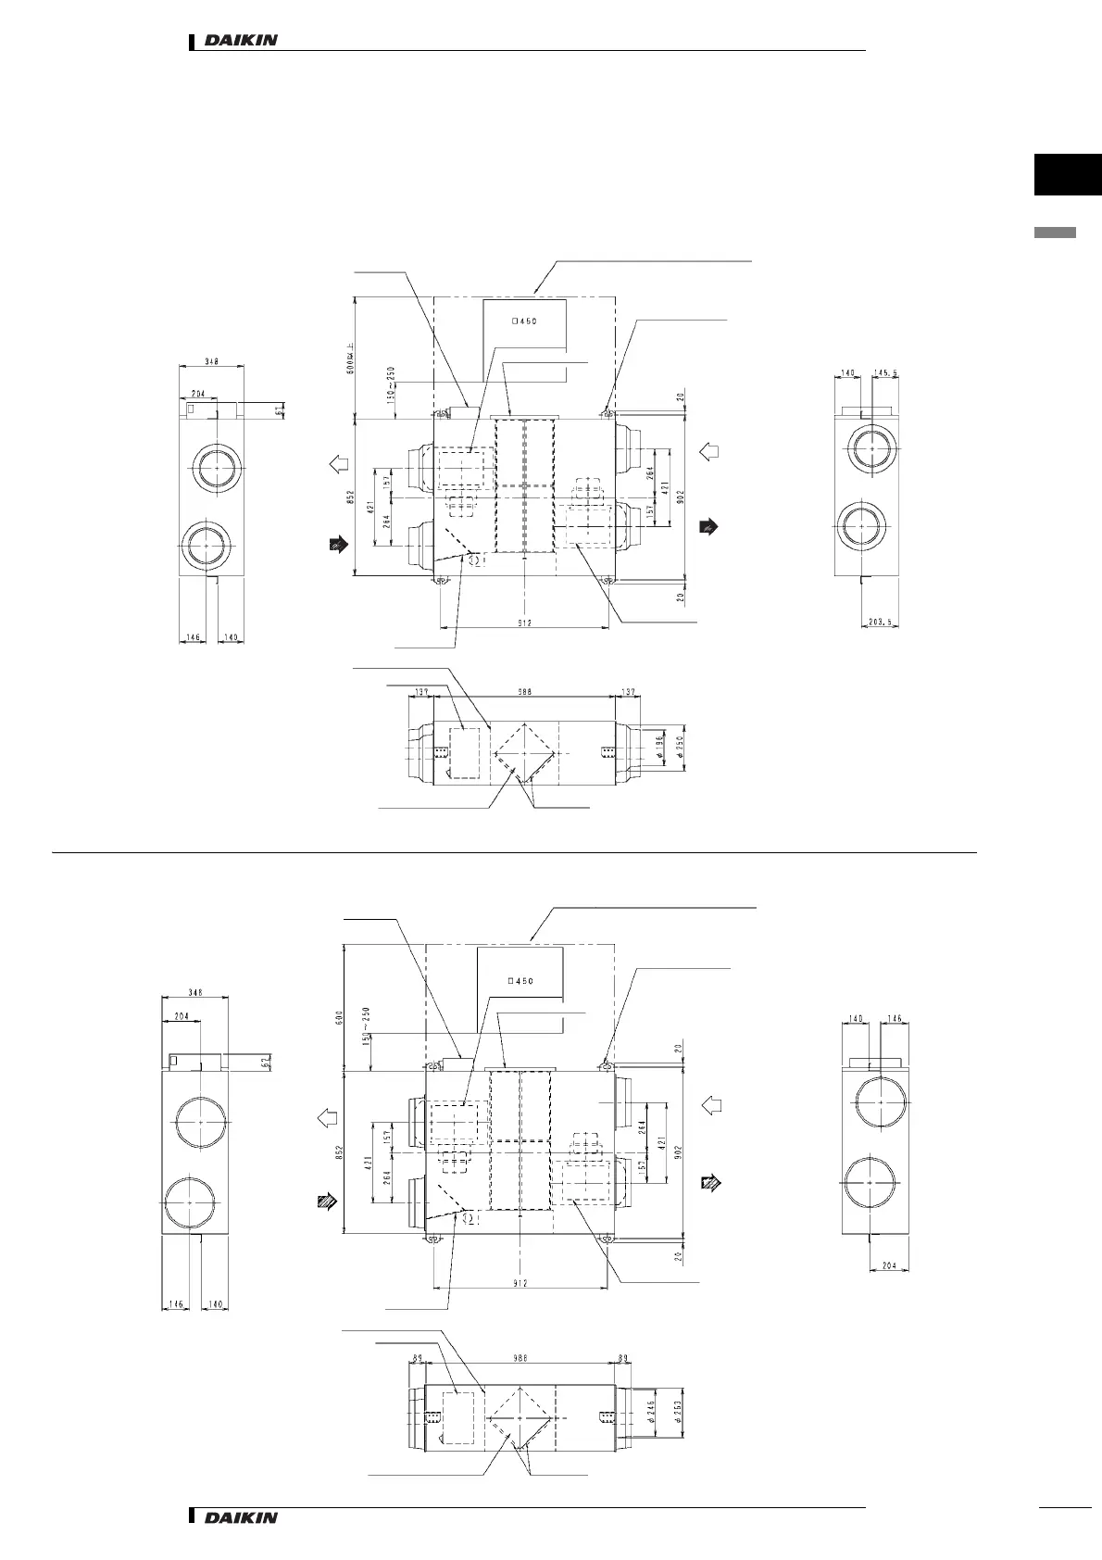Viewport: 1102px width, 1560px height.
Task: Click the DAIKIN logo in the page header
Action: pos(240,41)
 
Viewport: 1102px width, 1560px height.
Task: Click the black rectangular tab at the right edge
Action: pos(1068,176)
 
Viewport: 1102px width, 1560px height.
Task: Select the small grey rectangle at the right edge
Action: pos(1055,233)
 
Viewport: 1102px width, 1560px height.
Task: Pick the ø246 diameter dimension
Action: pos(651,1412)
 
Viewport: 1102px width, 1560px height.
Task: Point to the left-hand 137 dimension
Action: pos(420,690)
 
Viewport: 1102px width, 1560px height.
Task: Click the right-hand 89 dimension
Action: pos(622,1359)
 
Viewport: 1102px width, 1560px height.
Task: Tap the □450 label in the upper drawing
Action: pos(524,321)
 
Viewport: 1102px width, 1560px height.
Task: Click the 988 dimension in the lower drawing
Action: pos(520,1359)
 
